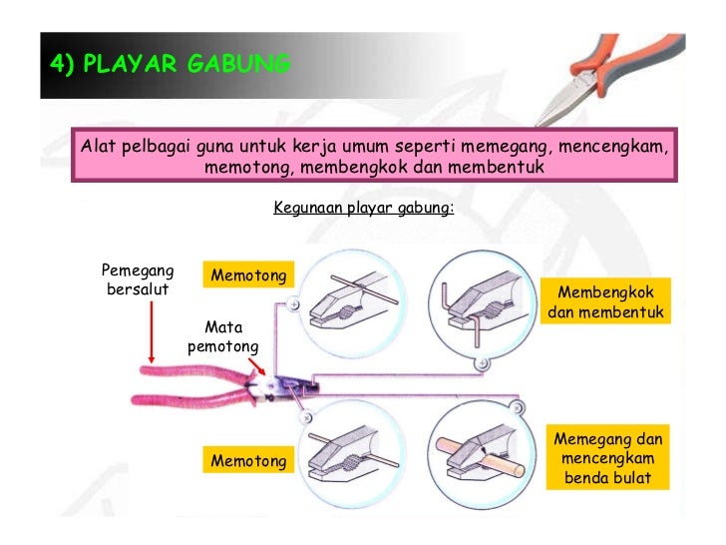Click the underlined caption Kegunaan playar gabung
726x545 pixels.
[363, 209]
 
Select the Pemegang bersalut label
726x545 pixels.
[138, 279]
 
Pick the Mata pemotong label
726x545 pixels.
[222, 336]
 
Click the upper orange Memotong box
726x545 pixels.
[248, 274]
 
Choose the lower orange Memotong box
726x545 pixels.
[248, 460]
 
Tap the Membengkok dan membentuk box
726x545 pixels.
[606, 302]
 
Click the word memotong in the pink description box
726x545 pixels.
[247, 168]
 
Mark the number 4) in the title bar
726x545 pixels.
[62, 65]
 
